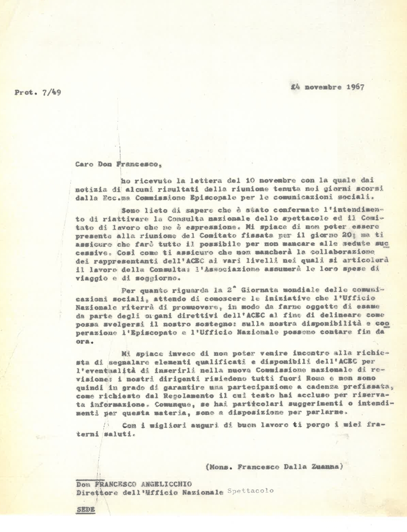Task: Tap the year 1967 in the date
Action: (x=353, y=87)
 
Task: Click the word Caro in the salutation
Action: (x=84, y=160)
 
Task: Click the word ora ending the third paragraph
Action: (x=82, y=340)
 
